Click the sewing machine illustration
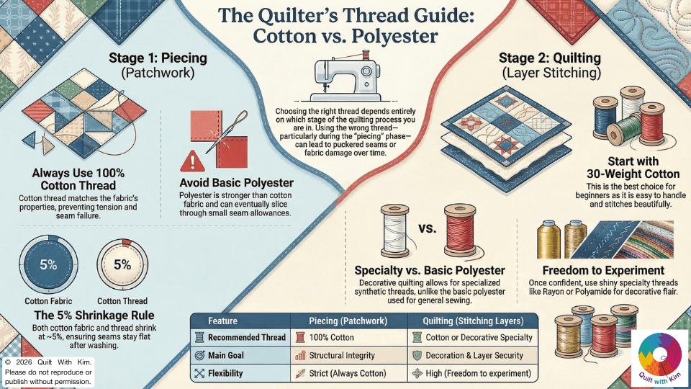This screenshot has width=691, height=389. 345,79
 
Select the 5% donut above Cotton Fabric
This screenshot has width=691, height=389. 48,264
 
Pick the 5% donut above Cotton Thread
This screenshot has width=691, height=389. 122,264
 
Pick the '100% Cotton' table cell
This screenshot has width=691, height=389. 333,337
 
